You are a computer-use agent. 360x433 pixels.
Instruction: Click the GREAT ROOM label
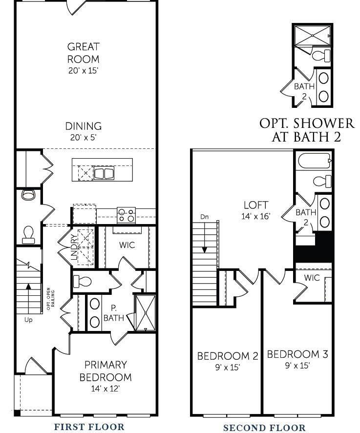tap(83, 53)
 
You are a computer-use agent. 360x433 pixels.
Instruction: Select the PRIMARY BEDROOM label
tap(106, 371)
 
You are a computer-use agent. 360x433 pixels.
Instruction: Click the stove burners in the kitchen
tap(126, 215)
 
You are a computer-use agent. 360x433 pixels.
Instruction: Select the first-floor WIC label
tap(127, 245)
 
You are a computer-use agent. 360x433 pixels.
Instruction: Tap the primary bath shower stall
tap(146, 313)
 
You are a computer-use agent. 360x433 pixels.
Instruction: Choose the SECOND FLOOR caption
tap(264, 428)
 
